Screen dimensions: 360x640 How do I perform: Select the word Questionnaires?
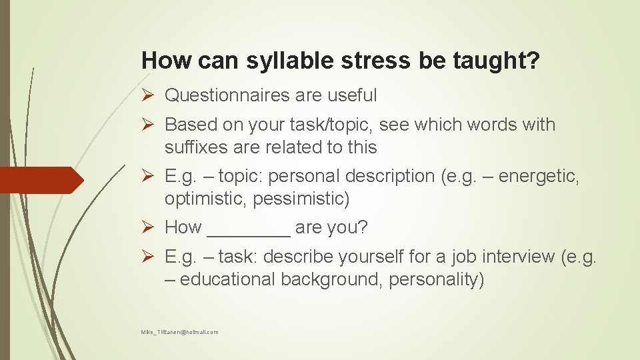click(x=227, y=95)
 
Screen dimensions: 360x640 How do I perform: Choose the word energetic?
click(x=539, y=177)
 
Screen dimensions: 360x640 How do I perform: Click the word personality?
click(x=436, y=279)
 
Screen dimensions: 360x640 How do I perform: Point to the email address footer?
click(x=179, y=332)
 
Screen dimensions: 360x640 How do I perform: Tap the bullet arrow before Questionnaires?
click(x=150, y=96)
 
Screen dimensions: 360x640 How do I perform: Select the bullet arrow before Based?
click(x=150, y=125)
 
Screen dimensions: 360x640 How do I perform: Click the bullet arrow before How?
click(x=150, y=228)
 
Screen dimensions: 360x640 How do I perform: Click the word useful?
click(x=352, y=95)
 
